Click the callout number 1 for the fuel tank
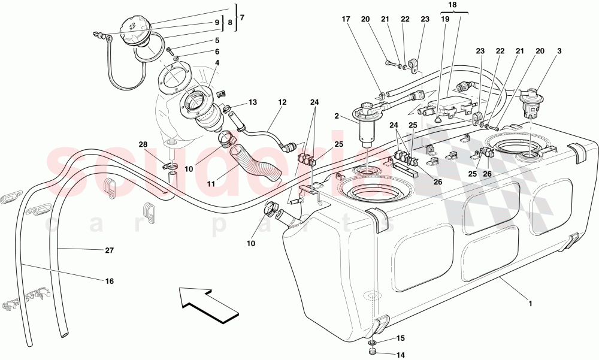pyautogui.click(x=530, y=303)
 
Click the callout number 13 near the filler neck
pyautogui.click(x=252, y=102)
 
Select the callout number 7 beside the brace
pyautogui.click(x=242, y=17)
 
